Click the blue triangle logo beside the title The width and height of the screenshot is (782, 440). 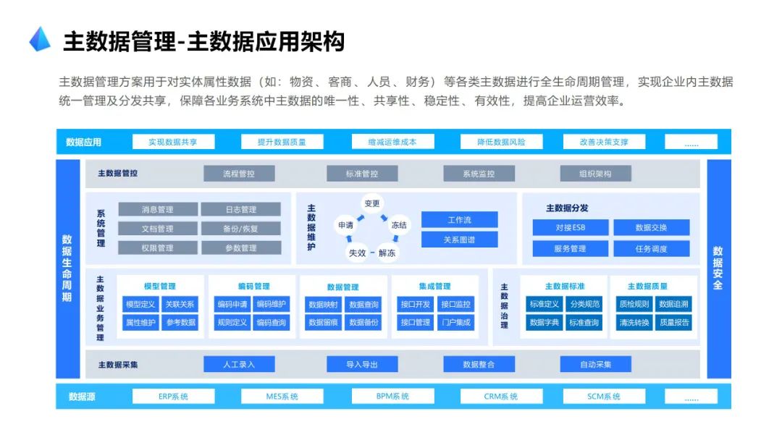click(40, 39)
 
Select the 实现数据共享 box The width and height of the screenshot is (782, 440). click(172, 142)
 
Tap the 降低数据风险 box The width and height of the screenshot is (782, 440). click(501, 142)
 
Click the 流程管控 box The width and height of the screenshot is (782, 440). click(239, 174)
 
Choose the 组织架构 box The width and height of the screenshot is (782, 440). click(595, 174)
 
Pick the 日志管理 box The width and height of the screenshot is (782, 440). click(240, 210)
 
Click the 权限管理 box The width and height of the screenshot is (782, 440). click(157, 247)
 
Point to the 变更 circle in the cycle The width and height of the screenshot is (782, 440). click(372, 203)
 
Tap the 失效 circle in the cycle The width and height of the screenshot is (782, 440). click(358, 253)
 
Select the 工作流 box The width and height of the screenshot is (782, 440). click(459, 220)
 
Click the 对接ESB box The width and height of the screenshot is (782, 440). click(571, 228)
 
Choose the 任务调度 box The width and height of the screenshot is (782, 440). click(651, 248)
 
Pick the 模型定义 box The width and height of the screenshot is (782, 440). click(140, 305)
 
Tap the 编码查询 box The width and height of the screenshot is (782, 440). click(271, 323)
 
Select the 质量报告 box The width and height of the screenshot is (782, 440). click(674, 323)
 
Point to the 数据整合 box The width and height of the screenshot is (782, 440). click(479, 364)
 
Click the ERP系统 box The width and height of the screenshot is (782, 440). click(173, 397)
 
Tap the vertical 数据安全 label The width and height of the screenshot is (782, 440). click(718, 268)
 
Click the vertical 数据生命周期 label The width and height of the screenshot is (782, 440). click(67, 268)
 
